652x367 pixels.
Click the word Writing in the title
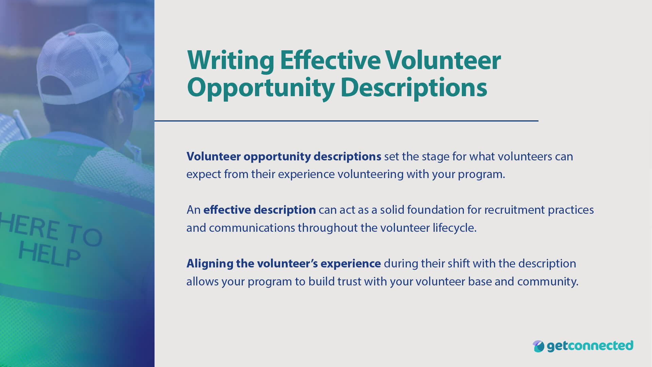[x=230, y=60]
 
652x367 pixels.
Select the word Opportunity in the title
[x=260, y=88]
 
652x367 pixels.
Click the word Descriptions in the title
[x=413, y=88]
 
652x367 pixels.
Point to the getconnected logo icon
[x=538, y=346]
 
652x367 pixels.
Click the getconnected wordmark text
[x=590, y=346]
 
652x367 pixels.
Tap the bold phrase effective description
[x=259, y=210]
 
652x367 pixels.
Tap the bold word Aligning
[x=210, y=263]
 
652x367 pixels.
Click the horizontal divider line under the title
[x=346, y=121]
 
